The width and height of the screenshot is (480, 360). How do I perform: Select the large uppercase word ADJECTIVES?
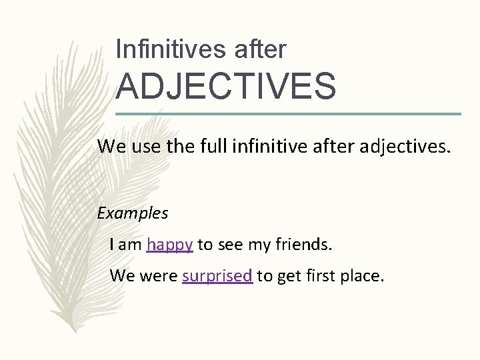pyautogui.click(x=226, y=87)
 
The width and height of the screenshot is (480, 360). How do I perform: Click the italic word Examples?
pyautogui.click(x=133, y=213)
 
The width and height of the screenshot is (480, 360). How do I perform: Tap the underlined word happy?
pyautogui.click(x=170, y=245)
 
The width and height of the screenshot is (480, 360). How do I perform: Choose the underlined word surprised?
pyautogui.click(x=217, y=275)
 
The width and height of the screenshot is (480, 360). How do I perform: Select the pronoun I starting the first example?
pyautogui.click(x=112, y=245)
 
